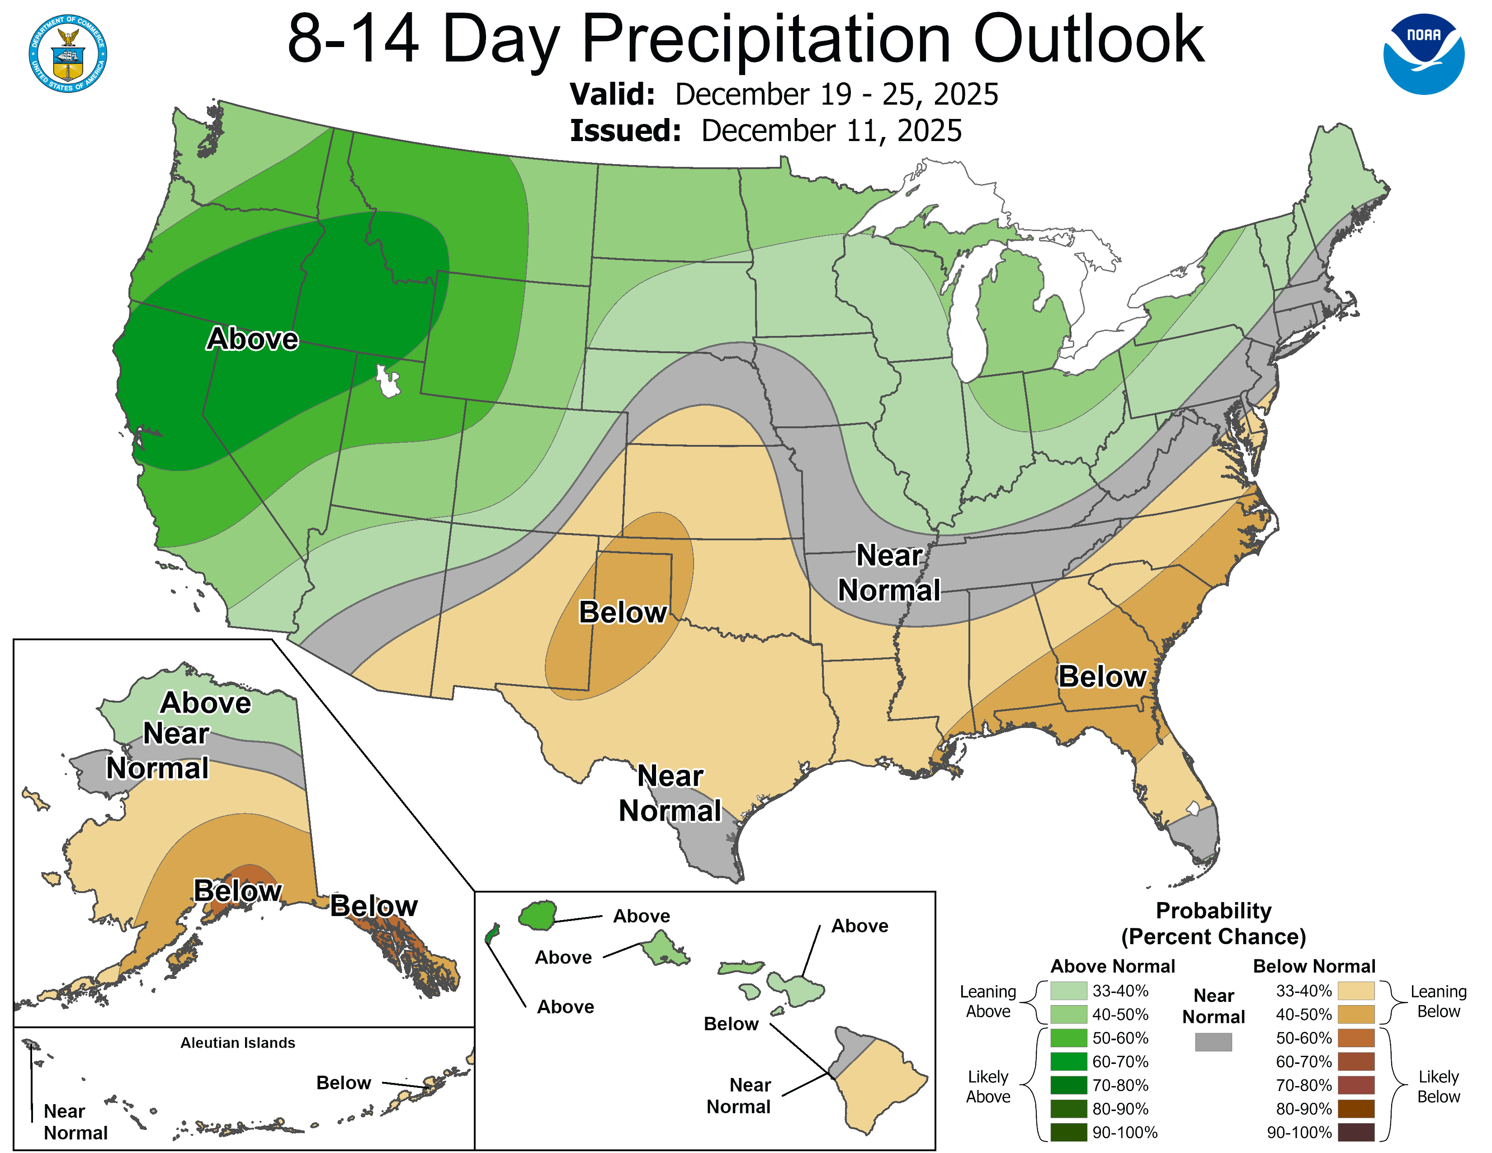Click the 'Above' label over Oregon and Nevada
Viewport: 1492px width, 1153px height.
coord(252,339)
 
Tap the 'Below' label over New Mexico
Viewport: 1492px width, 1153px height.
coord(623,612)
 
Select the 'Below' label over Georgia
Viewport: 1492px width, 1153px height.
coord(1101,676)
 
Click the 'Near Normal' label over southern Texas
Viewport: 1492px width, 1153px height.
coord(670,794)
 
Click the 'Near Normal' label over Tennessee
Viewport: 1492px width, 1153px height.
coord(889,573)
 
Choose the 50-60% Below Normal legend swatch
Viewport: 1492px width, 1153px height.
coord(1355,1038)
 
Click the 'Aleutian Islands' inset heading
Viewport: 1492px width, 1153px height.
coord(238,1042)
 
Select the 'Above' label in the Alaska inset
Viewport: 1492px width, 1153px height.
coord(206,703)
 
